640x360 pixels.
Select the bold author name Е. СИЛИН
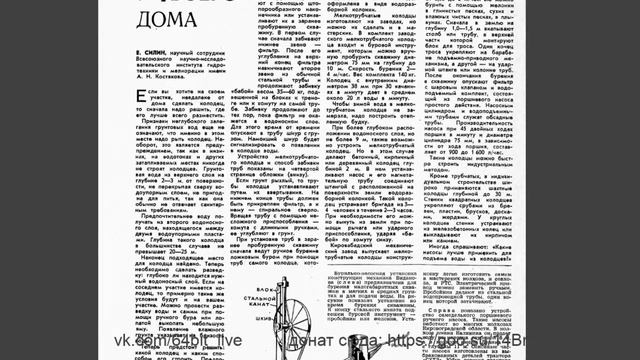pos(145,47)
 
